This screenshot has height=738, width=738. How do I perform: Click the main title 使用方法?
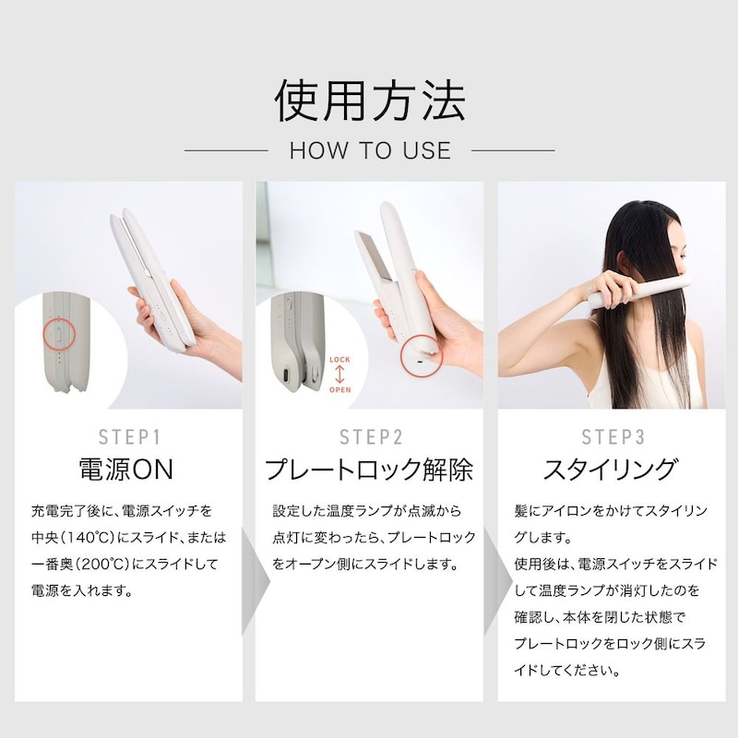click(x=370, y=101)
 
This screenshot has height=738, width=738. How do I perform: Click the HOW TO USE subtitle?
click(x=371, y=150)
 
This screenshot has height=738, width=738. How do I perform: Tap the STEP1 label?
click(x=129, y=437)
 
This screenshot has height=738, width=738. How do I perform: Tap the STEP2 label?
click(x=371, y=437)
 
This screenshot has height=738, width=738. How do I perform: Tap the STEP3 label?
click(x=613, y=437)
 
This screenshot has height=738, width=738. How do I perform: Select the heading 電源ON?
click(x=126, y=470)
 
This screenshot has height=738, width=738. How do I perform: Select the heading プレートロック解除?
click(x=369, y=470)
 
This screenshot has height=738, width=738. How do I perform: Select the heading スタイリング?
click(x=611, y=470)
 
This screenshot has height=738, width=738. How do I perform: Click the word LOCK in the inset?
click(x=339, y=360)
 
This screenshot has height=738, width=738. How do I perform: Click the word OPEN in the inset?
click(x=339, y=389)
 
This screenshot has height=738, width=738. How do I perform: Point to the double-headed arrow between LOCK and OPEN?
click(x=339, y=375)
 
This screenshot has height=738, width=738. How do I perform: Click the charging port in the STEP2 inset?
click(x=285, y=376)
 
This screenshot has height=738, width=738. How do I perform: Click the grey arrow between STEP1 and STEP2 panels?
click(x=255, y=582)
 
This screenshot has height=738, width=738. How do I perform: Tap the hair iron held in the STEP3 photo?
click(x=639, y=292)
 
